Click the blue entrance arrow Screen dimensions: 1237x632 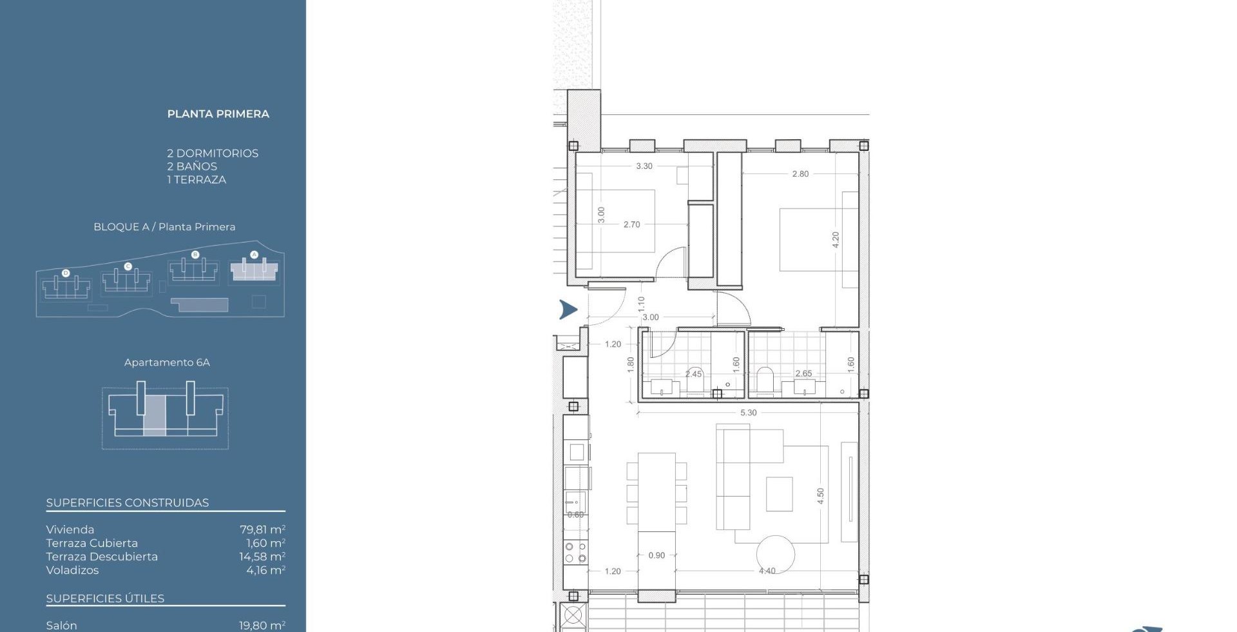point(568,310)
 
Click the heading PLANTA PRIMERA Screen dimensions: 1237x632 point(218,114)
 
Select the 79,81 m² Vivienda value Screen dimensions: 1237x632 point(262,529)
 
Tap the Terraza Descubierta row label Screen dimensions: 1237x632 point(102,557)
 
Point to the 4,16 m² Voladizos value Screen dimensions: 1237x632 point(265,570)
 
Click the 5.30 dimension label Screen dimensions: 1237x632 point(748,413)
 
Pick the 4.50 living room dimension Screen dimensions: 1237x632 point(820,496)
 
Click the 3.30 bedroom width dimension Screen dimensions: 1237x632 point(644,166)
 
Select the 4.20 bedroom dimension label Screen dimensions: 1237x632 point(836,240)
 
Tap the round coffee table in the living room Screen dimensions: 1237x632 point(775,555)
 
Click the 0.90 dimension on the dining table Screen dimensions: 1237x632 point(657,555)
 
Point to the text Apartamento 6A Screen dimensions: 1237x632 point(167,362)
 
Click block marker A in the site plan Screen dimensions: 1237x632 point(254,255)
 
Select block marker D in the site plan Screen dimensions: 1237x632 point(65,273)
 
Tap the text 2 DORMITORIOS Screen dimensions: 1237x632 point(213,153)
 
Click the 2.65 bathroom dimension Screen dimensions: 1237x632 point(803,373)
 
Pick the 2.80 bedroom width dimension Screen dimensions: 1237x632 point(800,174)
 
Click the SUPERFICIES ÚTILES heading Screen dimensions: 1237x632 point(105,598)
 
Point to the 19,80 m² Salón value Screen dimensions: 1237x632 point(262,626)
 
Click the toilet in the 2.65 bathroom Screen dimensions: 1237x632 point(765,380)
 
